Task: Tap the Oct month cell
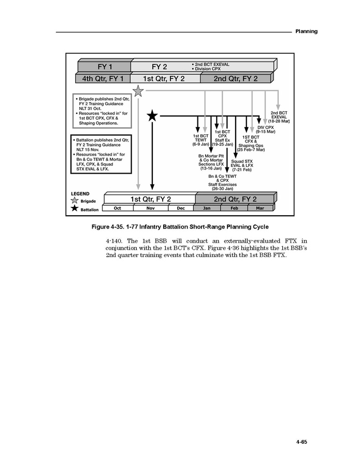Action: (118, 208)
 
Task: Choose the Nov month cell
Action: (151, 208)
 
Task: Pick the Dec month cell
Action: (180, 208)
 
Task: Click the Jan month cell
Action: (207, 208)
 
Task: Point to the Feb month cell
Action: (234, 208)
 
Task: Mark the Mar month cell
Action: (260, 208)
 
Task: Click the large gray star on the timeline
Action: (138, 91)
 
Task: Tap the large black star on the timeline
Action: (152, 116)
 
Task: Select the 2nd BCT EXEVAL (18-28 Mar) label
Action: (279, 117)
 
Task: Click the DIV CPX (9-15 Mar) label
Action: (266, 129)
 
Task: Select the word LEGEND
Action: (80, 194)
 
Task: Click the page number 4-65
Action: (301, 442)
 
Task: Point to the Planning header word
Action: (306, 32)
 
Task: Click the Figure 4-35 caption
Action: (180, 227)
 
